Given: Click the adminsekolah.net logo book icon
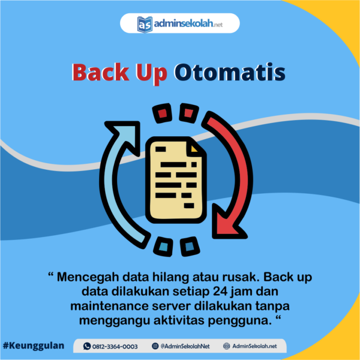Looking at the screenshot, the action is point(145,25).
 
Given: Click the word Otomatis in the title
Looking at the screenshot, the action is point(230,73).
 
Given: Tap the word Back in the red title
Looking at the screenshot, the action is point(101,72).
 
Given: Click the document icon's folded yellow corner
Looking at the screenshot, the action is point(194,149).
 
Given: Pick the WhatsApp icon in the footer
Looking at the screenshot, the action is point(87,346).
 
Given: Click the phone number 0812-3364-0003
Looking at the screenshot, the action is point(115,346).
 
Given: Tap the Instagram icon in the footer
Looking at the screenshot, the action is point(155,346).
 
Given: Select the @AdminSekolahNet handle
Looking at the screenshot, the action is point(185,346).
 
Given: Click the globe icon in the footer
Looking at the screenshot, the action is point(226,346).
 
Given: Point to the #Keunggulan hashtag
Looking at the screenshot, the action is point(34,346).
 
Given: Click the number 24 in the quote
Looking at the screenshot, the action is point(220,292).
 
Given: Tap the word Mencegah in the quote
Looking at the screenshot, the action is point(88,277).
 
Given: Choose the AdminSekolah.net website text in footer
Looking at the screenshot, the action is point(254,346).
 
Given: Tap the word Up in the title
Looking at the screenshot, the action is point(152,74).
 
